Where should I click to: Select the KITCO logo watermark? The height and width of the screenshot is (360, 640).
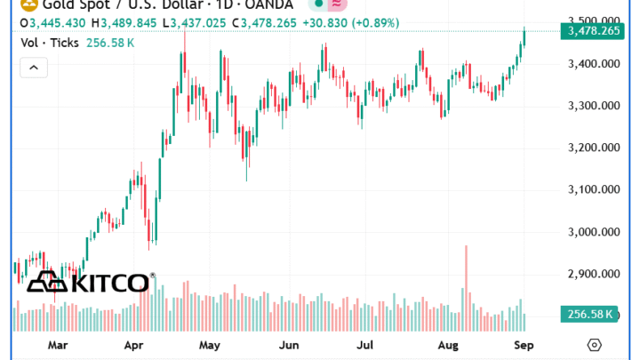point(89,283)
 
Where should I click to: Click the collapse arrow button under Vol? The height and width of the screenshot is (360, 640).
point(33,67)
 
